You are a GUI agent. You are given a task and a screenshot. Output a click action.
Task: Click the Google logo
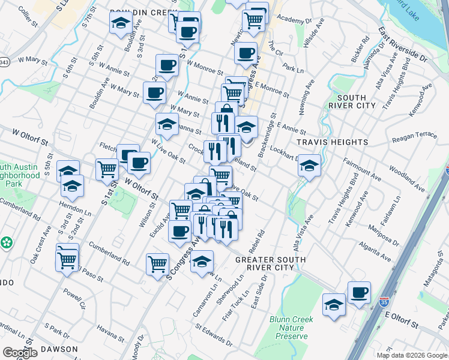pos(20,353)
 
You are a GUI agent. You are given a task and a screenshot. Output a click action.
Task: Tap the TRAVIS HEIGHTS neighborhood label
pos(333,142)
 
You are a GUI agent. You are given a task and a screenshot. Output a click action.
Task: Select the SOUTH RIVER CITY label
pos(357,101)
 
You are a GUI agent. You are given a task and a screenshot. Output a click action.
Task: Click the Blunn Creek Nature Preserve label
pos(291,328)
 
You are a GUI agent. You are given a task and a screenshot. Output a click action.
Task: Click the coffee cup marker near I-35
pos(359,292)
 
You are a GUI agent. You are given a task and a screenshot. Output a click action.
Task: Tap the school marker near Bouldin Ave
pos(121,23)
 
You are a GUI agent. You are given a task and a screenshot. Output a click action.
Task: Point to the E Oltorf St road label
pos(402,320)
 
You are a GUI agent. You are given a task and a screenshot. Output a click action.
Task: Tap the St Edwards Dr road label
pos(214,335)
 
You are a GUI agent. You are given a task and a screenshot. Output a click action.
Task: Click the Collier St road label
pos(28,13)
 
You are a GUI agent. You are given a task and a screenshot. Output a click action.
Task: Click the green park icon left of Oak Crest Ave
pos(7,243)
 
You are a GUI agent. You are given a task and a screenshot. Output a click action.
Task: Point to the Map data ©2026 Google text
pos(411,355)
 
